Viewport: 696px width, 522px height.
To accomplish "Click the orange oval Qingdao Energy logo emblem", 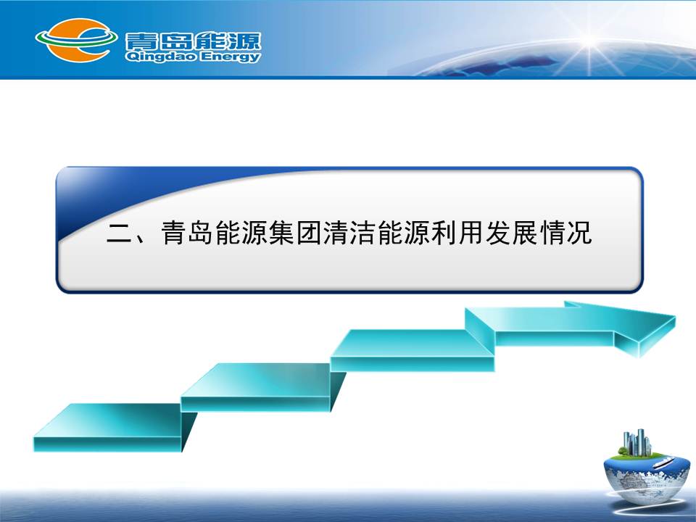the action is [x=76, y=40].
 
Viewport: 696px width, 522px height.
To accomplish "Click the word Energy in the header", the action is [x=231, y=57].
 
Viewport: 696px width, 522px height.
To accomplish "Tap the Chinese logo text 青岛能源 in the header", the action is [x=193, y=41].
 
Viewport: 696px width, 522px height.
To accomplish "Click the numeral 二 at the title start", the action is [x=120, y=233].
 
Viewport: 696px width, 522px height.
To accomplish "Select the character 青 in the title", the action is [x=173, y=232].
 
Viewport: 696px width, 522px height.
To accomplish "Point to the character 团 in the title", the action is [x=309, y=232].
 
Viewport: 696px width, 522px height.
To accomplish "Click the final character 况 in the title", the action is [x=579, y=232].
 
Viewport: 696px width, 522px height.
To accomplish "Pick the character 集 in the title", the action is [x=281, y=232].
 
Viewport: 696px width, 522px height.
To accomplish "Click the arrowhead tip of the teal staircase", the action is [x=675, y=317].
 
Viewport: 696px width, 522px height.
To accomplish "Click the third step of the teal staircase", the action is [x=413, y=350].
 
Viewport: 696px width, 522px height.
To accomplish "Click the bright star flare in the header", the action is [x=590, y=41].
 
